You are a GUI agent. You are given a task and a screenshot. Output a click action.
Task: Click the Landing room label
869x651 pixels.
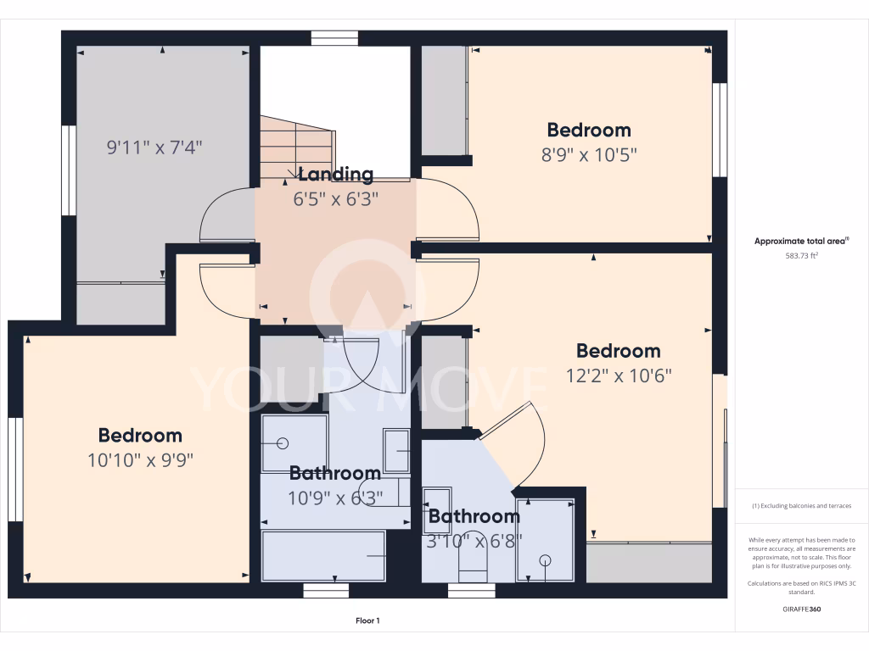(335, 175)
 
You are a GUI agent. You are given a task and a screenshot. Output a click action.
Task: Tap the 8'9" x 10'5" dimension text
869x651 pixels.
(589, 155)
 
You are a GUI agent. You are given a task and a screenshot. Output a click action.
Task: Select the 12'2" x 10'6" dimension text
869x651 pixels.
(619, 376)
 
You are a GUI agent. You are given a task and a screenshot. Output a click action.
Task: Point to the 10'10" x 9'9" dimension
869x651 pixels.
(140, 460)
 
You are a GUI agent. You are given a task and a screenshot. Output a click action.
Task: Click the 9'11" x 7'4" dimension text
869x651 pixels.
(154, 147)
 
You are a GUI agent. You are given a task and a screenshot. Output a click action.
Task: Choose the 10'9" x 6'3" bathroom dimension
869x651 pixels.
(335, 498)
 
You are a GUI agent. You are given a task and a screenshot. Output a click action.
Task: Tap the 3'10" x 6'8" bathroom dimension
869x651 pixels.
(474, 540)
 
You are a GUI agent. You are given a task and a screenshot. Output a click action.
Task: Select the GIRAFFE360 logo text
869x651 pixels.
(801, 609)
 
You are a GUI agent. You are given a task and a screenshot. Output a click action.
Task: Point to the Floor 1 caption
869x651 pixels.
(367, 621)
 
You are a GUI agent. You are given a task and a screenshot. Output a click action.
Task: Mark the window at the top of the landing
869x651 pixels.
(334, 37)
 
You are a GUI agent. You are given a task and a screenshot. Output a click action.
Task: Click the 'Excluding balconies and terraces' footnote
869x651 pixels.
(801, 506)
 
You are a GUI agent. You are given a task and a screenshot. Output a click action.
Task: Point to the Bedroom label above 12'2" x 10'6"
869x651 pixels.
(618, 351)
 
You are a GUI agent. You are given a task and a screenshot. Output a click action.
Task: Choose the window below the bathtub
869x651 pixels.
(326, 591)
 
